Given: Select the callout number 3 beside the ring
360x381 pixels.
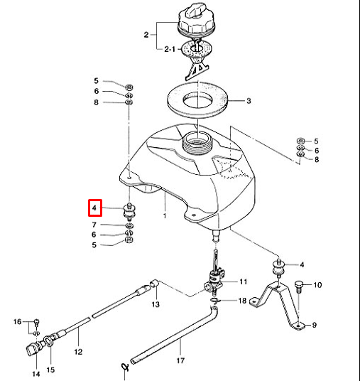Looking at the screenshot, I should click(x=249, y=101).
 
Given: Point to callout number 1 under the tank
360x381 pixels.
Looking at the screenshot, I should click(x=165, y=214).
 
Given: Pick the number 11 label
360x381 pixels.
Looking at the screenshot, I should click(x=243, y=281).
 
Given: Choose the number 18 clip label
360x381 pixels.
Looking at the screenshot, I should click(x=243, y=301).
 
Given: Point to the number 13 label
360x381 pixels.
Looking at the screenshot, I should click(x=156, y=304).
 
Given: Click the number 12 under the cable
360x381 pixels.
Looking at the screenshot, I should click(x=79, y=350).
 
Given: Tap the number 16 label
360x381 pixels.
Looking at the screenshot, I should click(x=18, y=323).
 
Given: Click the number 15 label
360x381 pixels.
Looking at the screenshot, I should click(x=50, y=370).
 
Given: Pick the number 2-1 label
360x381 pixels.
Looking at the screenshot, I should click(x=169, y=50).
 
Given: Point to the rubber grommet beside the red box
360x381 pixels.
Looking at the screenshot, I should click(x=129, y=211).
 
